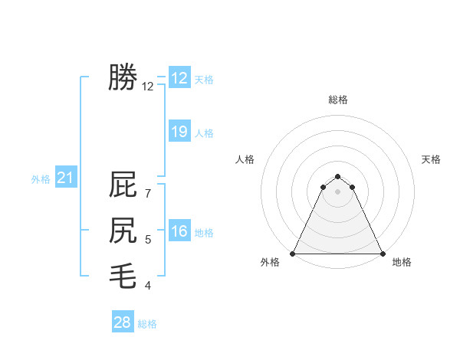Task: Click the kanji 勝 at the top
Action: click(x=123, y=77)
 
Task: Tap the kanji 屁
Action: click(x=123, y=185)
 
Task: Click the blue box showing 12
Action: click(x=179, y=77)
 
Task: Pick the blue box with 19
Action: click(x=179, y=132)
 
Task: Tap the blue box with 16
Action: click(x=179, y=231)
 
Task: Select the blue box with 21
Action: click(x=65, y=178)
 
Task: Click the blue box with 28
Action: click(x=123, y=322)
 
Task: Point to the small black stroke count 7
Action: click(x=147, y=194)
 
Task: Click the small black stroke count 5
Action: click(x=147, y=241)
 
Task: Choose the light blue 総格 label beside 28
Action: click(x=147, y=324)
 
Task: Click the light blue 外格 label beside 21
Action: click(x=41, y=179)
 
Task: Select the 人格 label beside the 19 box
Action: click(x=204, y=133)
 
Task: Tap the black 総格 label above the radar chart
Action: click(x=337, y=100)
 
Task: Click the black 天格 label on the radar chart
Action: click(x=431, y=159)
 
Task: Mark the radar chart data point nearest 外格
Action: click(x=294, y=254)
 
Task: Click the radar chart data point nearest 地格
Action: click(x=382, y=254)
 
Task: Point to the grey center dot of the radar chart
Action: click(x=337, y=191)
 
